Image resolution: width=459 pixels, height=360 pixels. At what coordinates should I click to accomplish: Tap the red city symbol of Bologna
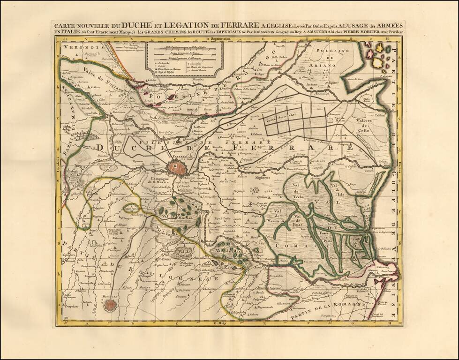(110, 305)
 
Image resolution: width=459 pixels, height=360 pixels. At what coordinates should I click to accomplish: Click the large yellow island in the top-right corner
(377, 62)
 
